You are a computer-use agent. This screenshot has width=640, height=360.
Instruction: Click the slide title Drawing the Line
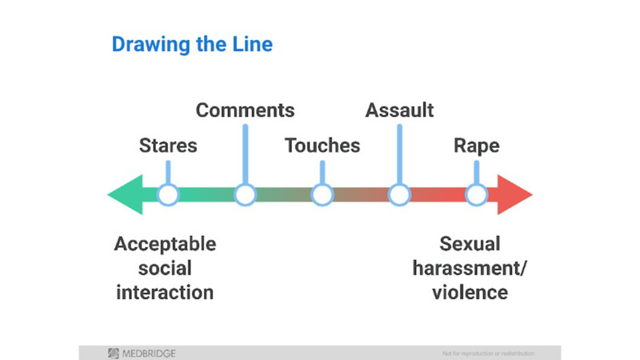click(192, 45)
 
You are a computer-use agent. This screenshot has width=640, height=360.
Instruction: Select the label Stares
click(168, 146)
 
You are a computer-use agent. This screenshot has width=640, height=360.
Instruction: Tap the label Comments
click(245, 110)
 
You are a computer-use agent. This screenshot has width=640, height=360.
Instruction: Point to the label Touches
click(322, 146)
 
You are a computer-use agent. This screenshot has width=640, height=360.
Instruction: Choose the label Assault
click(399, 110)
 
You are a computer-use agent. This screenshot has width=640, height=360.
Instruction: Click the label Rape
click(477, 146)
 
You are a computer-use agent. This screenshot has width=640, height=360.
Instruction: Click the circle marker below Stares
click(167, 194)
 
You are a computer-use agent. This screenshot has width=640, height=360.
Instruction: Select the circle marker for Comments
click(245, 194)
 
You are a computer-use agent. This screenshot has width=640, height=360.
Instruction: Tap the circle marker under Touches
click(322, 194)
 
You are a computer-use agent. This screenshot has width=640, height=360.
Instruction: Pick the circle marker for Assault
click(399, 194)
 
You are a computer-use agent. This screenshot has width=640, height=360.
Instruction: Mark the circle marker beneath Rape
click(477, 194)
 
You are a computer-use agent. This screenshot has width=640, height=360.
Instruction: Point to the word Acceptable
click(165, 243)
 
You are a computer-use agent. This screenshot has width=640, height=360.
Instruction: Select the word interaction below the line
click(165, 292)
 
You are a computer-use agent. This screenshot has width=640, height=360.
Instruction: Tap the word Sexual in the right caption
click(470, 243)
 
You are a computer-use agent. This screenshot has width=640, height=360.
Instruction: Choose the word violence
click(470, 292)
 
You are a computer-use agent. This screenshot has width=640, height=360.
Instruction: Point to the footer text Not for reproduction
click(487, 353)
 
